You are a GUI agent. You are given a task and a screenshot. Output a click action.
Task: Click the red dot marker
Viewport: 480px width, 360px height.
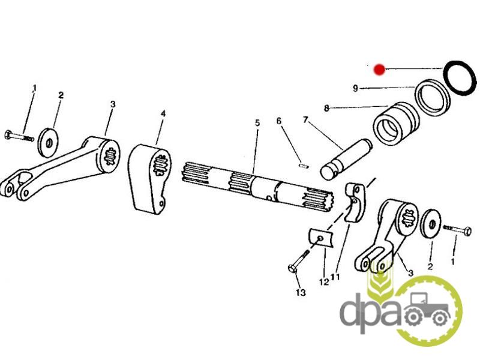[x=380, y=69]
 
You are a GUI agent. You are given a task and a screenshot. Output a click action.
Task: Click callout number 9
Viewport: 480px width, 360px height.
[x=355, y=88]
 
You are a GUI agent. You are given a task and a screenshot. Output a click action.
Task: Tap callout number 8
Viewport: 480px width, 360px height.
[x=326, y=108]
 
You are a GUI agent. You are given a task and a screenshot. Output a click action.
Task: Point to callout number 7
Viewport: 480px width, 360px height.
[x=305, y=119]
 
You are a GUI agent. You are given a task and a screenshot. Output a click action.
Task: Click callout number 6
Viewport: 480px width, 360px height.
[x=278, y=121]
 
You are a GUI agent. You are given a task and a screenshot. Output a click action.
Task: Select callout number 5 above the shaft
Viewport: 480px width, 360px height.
[x=257, y=123]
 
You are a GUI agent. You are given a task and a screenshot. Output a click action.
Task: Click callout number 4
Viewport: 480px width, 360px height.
[x=163, y=113]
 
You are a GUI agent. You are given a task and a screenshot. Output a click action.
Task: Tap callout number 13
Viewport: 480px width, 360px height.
[x=301, y=293]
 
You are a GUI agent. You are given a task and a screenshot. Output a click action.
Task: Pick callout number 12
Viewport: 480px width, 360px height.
[x=324, y=281]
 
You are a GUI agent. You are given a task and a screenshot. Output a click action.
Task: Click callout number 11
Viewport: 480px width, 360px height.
[x=335, y=277]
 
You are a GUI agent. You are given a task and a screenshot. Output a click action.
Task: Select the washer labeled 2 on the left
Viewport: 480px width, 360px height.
[x=48, y=143]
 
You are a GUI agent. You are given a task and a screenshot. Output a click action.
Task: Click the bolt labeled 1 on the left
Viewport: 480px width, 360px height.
[x=19, y=136]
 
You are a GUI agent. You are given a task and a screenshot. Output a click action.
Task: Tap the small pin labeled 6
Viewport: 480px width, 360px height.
[x=303, y=166]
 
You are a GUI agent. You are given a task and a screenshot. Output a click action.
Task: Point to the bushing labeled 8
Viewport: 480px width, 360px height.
[x=395, y=125]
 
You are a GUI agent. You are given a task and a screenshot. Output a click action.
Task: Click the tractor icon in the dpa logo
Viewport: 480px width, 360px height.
[x=428, y=309]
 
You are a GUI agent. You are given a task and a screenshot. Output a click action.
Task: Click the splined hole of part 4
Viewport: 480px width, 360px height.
[x=161, y=165]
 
